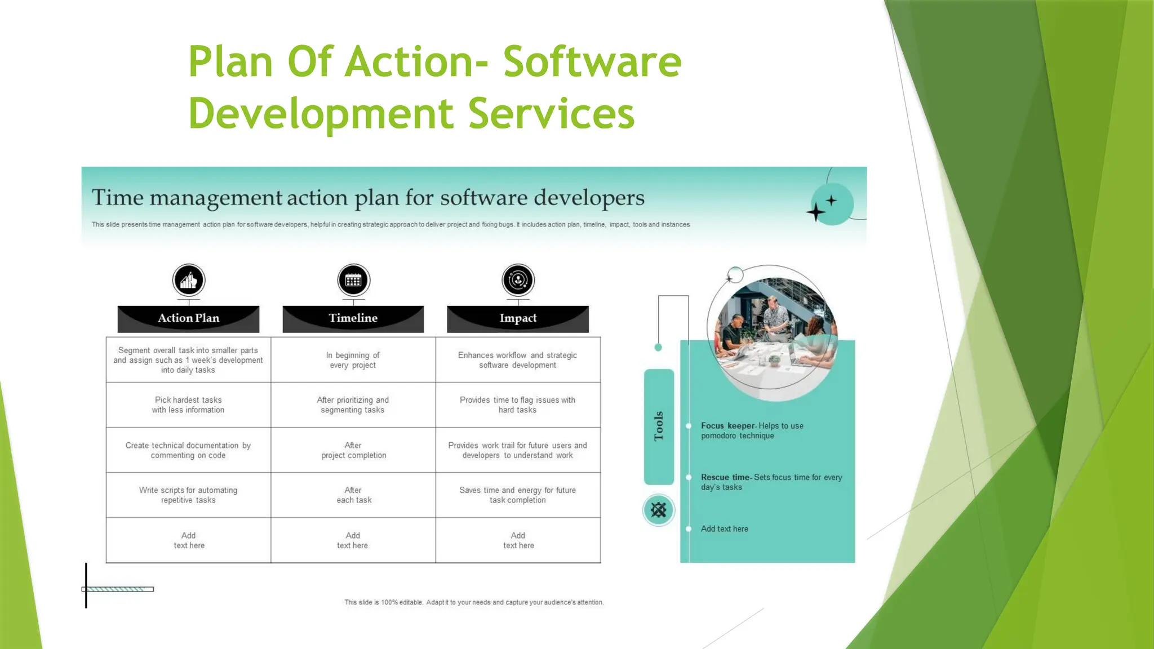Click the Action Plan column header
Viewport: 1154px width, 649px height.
pyautogui.click(x=188, y=318)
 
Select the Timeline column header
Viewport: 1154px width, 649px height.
pyautogui.click(x=353, y=318)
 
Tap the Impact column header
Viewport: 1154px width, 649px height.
pyautogui.click(x=518, y=318)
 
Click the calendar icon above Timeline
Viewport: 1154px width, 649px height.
pyautogui.click(x=353, y=280)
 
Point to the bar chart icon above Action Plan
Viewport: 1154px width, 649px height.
pyautogui.click(x=189, y=280)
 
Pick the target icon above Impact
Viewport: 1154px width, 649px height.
pyautogui.click(x=518, y=280)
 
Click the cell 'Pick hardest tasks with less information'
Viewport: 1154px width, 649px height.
pyautogui.click(x=188, y=405)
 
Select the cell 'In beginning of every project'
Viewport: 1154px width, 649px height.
pyautogui.click(x=353, y=360)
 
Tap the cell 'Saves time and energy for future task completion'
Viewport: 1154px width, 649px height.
pyautogui.click(x=518, y=495)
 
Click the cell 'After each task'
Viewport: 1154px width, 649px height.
pyautogui.click(x=353, y=495)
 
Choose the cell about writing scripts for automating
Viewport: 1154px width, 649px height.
pyautogui.click(x=188, y=495)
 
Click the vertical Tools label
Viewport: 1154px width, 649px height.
pyautogui.click(x=659, y=426)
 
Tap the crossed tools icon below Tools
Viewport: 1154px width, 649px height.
pyautogui.click(x=659, y=510)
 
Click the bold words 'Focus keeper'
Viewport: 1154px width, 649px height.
pyautogui.click(x=727, y=426)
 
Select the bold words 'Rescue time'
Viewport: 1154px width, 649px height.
pyautogui.click(x=725, y=477)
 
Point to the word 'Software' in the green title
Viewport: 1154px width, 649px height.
pyautogui.click(x=592, y=61)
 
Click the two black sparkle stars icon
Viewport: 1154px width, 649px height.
pyautogui.click(x=822, y=207)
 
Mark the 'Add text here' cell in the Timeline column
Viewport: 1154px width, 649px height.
pyautogui.click(x=353, y=540)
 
